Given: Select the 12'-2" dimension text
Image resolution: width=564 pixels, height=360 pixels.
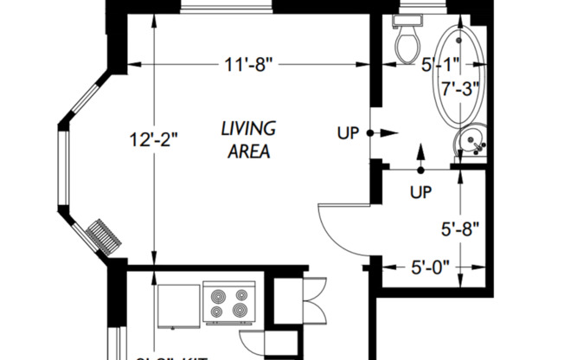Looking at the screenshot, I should [x=152, y=140].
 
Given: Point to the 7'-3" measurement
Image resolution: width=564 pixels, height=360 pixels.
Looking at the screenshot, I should [x=459, y=88].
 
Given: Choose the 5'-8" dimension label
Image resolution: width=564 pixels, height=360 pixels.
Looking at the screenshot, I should [x=459, y=230].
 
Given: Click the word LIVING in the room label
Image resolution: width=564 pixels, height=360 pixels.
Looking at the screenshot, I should [x=248, y=129].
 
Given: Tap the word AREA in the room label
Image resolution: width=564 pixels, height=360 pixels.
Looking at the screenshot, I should [x=248, y=151].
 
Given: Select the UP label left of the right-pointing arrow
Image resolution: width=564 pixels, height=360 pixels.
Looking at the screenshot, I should [x=348, y=133].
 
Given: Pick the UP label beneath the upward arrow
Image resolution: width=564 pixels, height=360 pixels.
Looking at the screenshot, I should [x=420, y=190].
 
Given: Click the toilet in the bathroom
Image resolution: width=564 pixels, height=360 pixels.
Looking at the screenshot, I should [x=406, y=40].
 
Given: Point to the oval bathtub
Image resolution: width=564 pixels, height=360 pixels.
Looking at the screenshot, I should [x=458, y=78].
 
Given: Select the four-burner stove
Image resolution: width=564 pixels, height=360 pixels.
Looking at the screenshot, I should [x=229, y=303].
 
